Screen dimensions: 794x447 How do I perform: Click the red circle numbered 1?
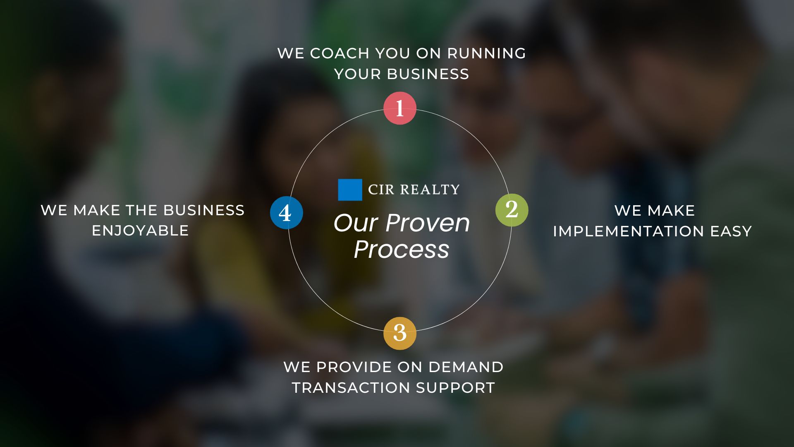point(399,108)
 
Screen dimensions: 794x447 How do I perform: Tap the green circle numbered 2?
point(512,210)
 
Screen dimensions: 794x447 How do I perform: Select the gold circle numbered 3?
point(399,333)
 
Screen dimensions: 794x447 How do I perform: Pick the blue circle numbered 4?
point(287,213)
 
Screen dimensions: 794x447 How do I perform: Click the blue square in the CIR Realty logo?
point(350,190)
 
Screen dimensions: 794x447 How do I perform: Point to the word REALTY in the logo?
point(430,190)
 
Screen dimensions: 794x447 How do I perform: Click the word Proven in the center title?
point(428,223)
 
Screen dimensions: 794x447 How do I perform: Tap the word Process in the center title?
point(402,249)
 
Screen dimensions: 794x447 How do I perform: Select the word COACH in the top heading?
point(340,53)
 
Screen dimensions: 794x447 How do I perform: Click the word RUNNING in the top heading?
point(486,53)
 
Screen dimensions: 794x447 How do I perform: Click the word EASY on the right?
point(731,231)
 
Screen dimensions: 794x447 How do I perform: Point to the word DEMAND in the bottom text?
point(466,367)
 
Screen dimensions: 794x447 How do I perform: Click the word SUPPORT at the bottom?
point(455,388)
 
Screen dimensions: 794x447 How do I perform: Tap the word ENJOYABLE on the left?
point(140,231)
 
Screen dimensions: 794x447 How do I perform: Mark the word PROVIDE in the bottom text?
point(354,367)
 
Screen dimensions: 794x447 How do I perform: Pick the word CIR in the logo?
point(381,190)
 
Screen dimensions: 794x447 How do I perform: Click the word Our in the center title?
point(356,223)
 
